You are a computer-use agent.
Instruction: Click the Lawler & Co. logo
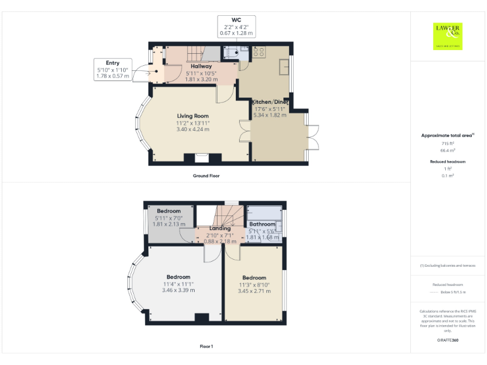448,36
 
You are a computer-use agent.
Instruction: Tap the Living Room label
193,116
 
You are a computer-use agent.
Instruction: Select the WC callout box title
237,20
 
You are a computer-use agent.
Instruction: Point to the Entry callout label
112,63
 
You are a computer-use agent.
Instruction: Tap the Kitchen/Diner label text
271,102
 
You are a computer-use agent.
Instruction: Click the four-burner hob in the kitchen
259,52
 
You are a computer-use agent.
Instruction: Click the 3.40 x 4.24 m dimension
193,129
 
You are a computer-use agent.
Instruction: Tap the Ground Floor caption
206,176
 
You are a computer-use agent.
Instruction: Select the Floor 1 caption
206,347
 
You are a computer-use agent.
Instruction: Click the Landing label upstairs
220,228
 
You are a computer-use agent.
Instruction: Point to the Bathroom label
262,224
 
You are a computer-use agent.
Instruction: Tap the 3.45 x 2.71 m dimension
254,291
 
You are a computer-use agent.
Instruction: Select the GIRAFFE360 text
448,341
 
